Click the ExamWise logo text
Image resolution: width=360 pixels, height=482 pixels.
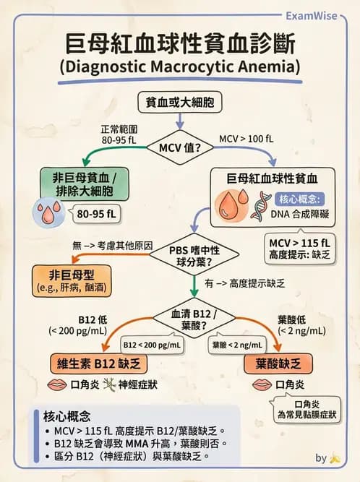tap(312, 14)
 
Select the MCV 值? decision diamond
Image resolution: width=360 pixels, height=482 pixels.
tap(180, 149)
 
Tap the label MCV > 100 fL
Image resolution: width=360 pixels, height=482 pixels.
tap(247, 137)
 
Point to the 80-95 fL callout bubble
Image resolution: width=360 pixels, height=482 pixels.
tap(95, 214)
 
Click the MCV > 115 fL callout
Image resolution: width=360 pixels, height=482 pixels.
tap(299, 247)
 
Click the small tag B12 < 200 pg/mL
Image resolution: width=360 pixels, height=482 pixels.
tap(152, 345)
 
